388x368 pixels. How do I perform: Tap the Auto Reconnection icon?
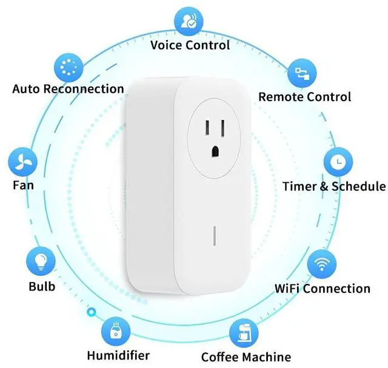(x=69, y=67)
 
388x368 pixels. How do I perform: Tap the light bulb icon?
(x=41, y=261)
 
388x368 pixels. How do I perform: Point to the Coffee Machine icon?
(x=244, y=333)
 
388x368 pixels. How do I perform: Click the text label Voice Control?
(x=190, y=45)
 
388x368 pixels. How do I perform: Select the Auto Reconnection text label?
(x=68, y=89)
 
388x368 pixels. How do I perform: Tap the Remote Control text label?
(x=304, y=97)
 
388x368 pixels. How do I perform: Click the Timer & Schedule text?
(x=333, y=186)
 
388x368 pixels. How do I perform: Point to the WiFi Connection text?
(x=322, y=288)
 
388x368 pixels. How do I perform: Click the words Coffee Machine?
(x=246, y=356)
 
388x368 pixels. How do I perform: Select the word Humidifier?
(x=118, y=355)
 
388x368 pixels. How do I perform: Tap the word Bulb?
(x=42, y=286)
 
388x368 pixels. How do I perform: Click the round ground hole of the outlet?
(x=215, y=149)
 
